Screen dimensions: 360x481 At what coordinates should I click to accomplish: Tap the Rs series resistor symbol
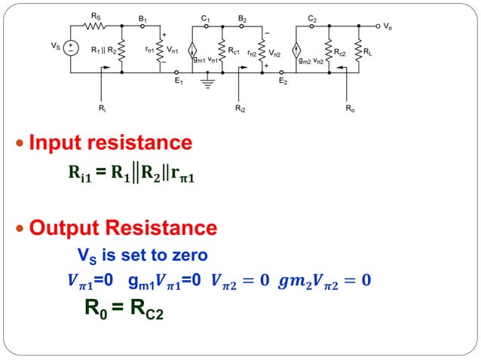tap(97, 25)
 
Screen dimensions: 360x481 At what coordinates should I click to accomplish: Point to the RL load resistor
tap(357, 50)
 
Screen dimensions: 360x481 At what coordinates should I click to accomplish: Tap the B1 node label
tap(142, 16)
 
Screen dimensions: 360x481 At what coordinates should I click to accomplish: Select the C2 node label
tap(312, 16)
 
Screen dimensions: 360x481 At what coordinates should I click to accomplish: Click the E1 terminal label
tap(178, 81)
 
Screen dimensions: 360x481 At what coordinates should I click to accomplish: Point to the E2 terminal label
tap(282, 81)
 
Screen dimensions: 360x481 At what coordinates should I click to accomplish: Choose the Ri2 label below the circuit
tap(240, 108)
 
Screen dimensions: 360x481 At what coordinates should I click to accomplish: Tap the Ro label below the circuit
tap(350, 108)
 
